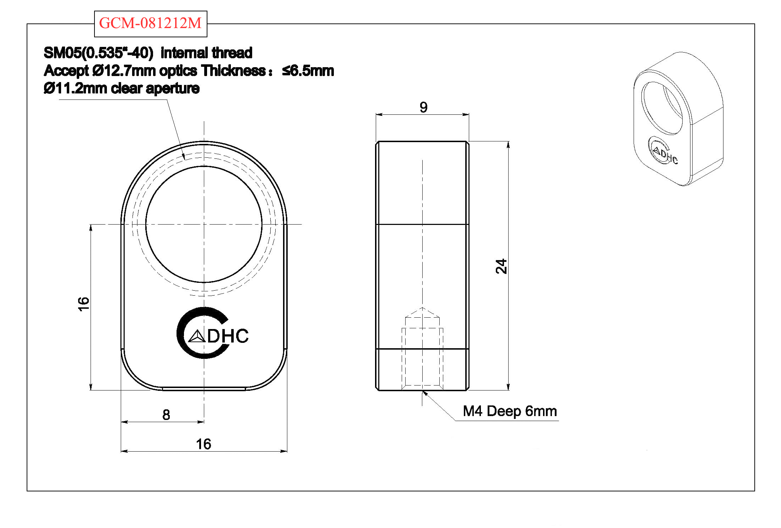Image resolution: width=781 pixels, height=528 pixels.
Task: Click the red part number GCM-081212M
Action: [150, 23]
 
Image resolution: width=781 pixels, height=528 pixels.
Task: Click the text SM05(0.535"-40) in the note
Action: [98, 53]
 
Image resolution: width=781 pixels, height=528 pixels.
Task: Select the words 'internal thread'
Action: [206, 53]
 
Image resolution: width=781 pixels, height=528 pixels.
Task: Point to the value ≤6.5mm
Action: [308, 71]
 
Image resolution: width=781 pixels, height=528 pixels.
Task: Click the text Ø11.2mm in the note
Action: [75, 88]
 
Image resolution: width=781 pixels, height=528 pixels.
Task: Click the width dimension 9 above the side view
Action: [423, 107]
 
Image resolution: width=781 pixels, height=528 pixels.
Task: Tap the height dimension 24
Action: [501, 266]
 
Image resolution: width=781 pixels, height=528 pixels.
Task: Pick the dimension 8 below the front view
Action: [166, 415]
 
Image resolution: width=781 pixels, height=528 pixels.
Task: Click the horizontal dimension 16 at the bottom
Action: [204, 444]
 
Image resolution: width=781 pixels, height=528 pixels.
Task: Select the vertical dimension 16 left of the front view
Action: [83, 304]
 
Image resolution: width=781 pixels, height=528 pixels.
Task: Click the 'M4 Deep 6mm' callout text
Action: [510, 411]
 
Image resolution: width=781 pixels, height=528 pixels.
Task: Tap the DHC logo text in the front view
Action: [228, 336]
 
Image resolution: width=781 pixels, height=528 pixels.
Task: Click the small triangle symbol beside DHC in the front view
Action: [197, 336]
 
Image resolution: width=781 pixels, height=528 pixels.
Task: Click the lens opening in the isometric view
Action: [662, 108]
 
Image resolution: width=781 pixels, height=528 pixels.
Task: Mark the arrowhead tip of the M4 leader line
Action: [423, 391]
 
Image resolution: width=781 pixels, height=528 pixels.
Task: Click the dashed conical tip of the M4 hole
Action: [422, 312]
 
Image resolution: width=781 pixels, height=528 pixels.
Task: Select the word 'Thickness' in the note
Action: [233, 71]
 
